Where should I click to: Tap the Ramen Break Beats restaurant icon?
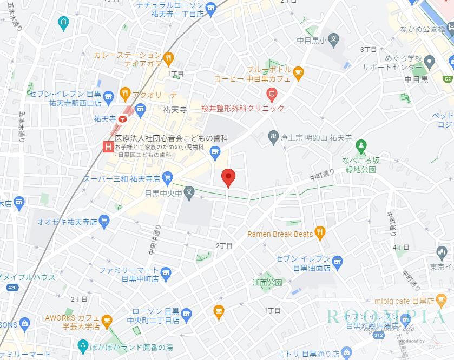point(320,234)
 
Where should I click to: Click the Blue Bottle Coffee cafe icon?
point(299,71)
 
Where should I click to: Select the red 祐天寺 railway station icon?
point(124,118)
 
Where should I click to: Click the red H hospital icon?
point(108,146)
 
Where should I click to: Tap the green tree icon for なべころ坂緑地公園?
point(361,145)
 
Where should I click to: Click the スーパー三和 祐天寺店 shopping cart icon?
point(168,177)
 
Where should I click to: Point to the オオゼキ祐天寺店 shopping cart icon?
point(104,221)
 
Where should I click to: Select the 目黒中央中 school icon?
point(189,191)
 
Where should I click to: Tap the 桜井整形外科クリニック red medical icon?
point(273,95)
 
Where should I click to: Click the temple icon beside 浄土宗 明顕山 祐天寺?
point(273,137)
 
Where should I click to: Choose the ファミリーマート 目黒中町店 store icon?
point(166,273)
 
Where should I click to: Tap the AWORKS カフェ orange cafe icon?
point(107,321)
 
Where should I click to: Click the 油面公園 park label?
point(267,283)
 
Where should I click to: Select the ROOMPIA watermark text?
point(387,317)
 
